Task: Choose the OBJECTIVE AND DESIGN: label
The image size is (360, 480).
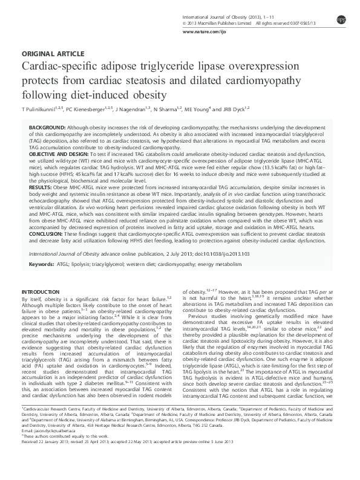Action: click(x=58, y=154)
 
